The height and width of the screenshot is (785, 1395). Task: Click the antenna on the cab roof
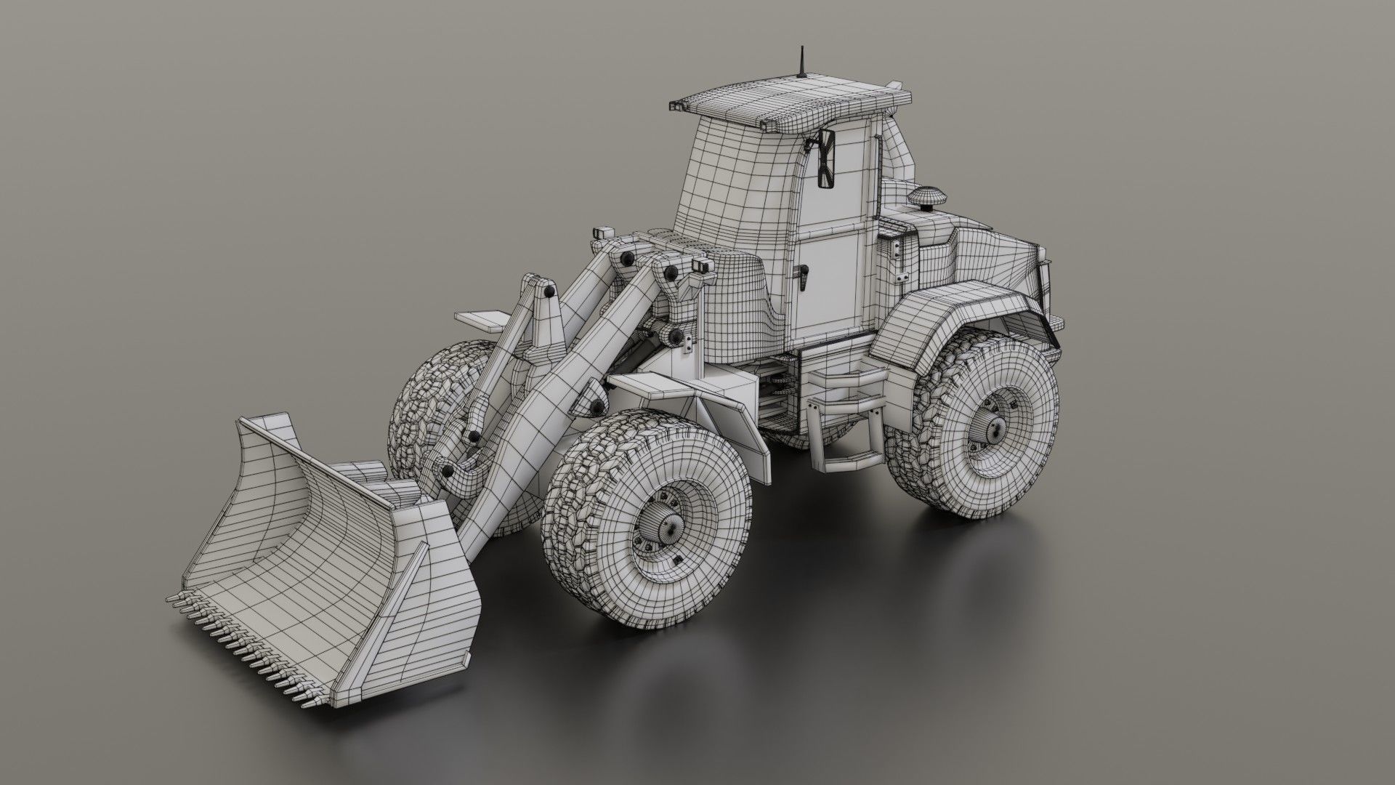(x=802, y=63)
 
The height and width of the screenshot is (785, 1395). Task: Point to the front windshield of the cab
(x=734, y=182)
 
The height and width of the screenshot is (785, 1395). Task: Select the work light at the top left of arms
(x=602, y=233)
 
